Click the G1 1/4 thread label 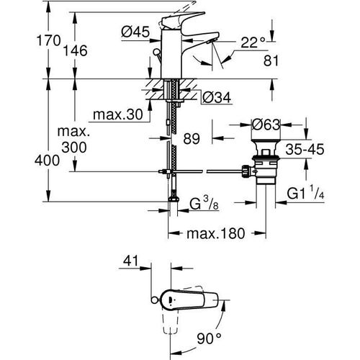(309, 194)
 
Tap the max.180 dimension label (212, 233)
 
